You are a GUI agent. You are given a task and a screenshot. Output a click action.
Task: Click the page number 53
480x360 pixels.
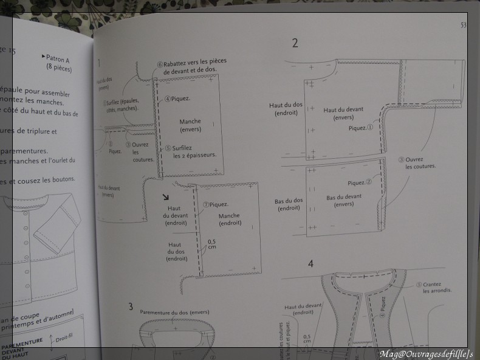point(463,25)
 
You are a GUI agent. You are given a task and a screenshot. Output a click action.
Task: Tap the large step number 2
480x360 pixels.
point(295,43)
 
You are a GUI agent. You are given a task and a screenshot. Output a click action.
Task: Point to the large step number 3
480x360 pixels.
point(130,306)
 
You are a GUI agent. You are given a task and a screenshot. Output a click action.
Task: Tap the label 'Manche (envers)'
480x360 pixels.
point(190,125)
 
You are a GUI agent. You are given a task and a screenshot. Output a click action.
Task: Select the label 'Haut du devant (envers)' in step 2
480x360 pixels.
point(343,113)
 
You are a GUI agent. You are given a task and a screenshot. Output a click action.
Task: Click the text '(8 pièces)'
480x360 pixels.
point(58,69)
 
